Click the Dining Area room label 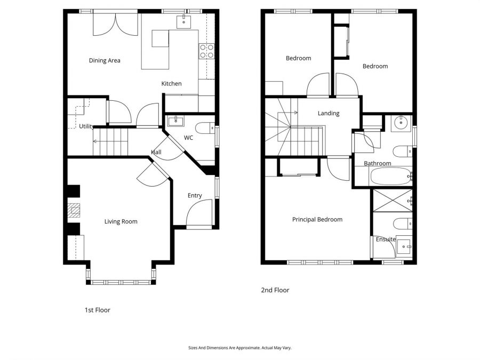tap(105, 61)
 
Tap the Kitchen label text tap(172, 84)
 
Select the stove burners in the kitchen tap(206, 51)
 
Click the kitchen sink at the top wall tap(184, 21)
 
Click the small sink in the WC tap(175, 121)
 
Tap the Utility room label tap(86, 126)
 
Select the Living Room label tap(121, 221)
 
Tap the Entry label tap(195, 196)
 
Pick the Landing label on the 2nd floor tap(329, 114)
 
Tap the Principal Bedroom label tap(317, 220)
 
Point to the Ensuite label tap(386, 239)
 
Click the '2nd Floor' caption tap(275, 291)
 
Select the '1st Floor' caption tap(98, 310)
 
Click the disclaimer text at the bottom tap(240, 347)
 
